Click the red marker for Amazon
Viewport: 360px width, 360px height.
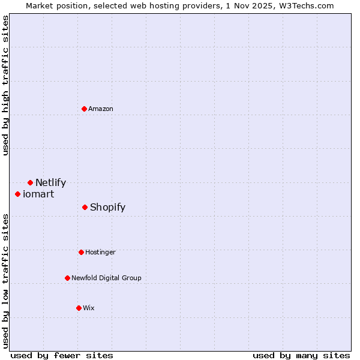click(85, 109)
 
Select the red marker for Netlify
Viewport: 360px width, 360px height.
click(30, 182)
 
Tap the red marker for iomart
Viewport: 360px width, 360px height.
click(18, 194)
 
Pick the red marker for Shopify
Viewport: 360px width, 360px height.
click(85, 207)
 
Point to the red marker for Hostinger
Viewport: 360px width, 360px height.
click(81, 252)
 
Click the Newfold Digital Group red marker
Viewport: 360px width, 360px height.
click(67, 278)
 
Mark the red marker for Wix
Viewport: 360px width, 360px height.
click(79, 308)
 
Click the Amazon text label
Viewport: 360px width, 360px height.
click(101, 109)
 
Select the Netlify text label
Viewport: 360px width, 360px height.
click(50, 182)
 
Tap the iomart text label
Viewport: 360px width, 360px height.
click(38, 194)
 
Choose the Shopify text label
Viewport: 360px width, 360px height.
click(107, 207)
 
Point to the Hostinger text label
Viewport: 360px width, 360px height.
click(100, 252)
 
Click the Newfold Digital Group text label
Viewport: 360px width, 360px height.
click(106, 278)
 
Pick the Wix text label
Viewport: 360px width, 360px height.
click(89, 308)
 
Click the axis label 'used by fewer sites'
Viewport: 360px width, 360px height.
click(62, 355)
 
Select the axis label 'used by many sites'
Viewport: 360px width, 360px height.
click(301, 355)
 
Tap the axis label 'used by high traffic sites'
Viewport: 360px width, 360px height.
click(5, 85)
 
